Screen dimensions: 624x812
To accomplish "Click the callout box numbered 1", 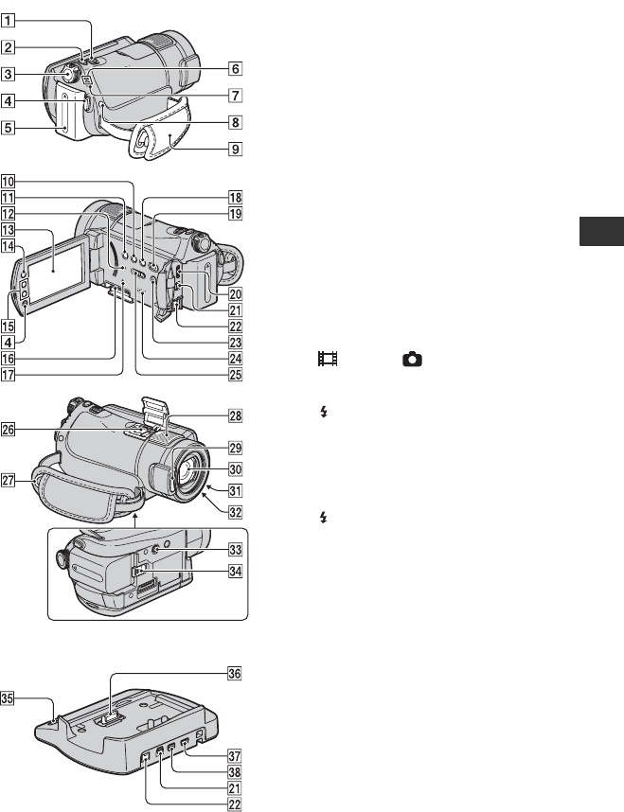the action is click(8, 21).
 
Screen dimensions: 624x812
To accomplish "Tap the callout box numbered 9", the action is click(235, 150).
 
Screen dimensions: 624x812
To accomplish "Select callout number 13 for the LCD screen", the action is click(8, 230).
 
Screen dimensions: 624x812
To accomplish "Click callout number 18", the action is click(235, 197).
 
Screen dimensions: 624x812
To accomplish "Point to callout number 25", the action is click(235, 375).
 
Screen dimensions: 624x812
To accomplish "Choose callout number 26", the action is click(8, 430).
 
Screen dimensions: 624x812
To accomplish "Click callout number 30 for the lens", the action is click(235, 469).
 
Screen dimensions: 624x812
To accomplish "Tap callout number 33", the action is click(235, 550).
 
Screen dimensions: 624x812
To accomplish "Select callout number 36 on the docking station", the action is click(235, 673).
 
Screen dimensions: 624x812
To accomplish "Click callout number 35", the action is click(8, 698).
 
